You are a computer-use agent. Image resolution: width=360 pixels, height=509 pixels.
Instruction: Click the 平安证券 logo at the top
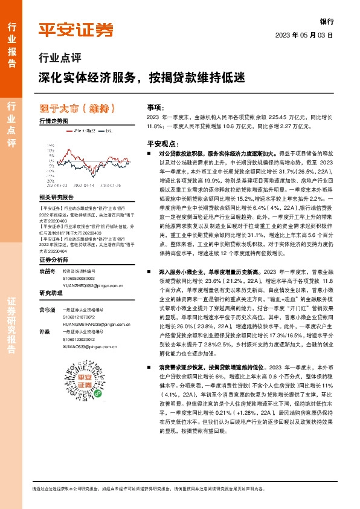pos(76,30)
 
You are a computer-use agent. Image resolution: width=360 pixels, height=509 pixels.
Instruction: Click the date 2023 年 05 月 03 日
pos(304,34)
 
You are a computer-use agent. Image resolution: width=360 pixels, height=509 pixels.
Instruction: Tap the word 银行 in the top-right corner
pos(327,20)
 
